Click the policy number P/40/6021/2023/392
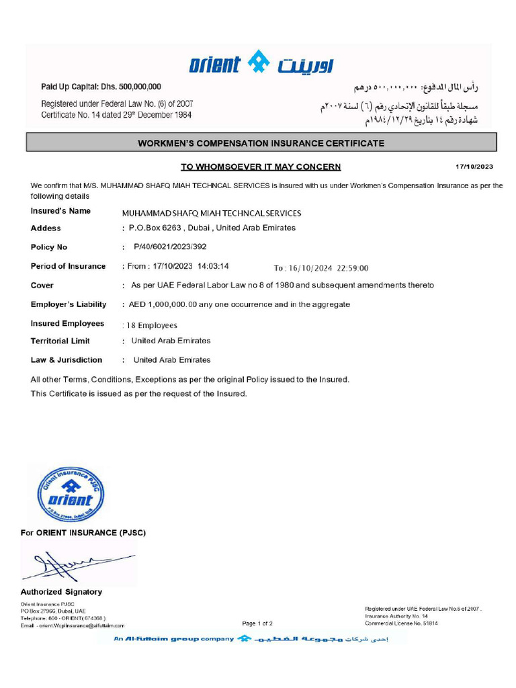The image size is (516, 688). (171, 247)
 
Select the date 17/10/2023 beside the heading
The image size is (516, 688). (474, 166)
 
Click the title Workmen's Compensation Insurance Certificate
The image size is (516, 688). (261, 143)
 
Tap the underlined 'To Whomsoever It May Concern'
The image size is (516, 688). (261, 167)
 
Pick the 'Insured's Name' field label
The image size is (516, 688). (60, 211)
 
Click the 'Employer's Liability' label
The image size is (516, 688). (69, 304)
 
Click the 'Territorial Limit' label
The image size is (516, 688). (60, 341)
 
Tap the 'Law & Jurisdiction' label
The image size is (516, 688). (67, 360)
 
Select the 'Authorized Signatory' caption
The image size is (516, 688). (61, 592)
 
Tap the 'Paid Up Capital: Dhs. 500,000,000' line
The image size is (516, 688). (101, 87)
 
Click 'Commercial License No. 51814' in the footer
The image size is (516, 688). (401, 623)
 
